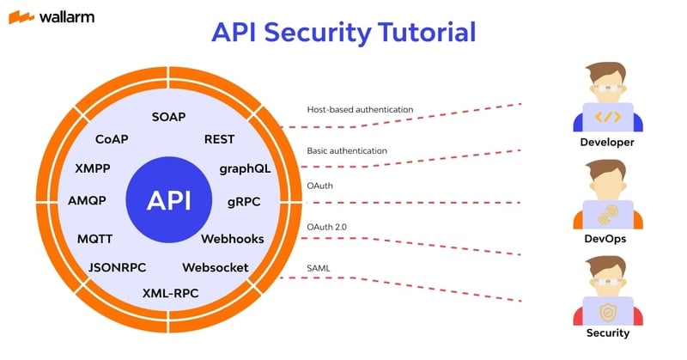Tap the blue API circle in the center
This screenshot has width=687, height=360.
[168, 201]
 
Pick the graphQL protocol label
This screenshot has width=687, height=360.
[245, 168]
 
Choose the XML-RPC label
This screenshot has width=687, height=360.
[170, 293]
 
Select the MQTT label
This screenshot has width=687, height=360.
[94, 238]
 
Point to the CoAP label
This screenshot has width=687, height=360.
[112, 138]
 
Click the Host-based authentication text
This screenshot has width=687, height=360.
[361, 110]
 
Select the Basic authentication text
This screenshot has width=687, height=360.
[347, 150]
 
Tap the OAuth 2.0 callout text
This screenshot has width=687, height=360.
[326, 226]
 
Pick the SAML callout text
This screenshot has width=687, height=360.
[318, 268]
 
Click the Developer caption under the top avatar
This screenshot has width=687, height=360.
[607, 142]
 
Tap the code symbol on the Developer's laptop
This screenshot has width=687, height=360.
[607, 115]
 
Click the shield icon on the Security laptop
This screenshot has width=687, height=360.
[607, 308]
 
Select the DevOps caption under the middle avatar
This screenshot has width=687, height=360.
[607, 239]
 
